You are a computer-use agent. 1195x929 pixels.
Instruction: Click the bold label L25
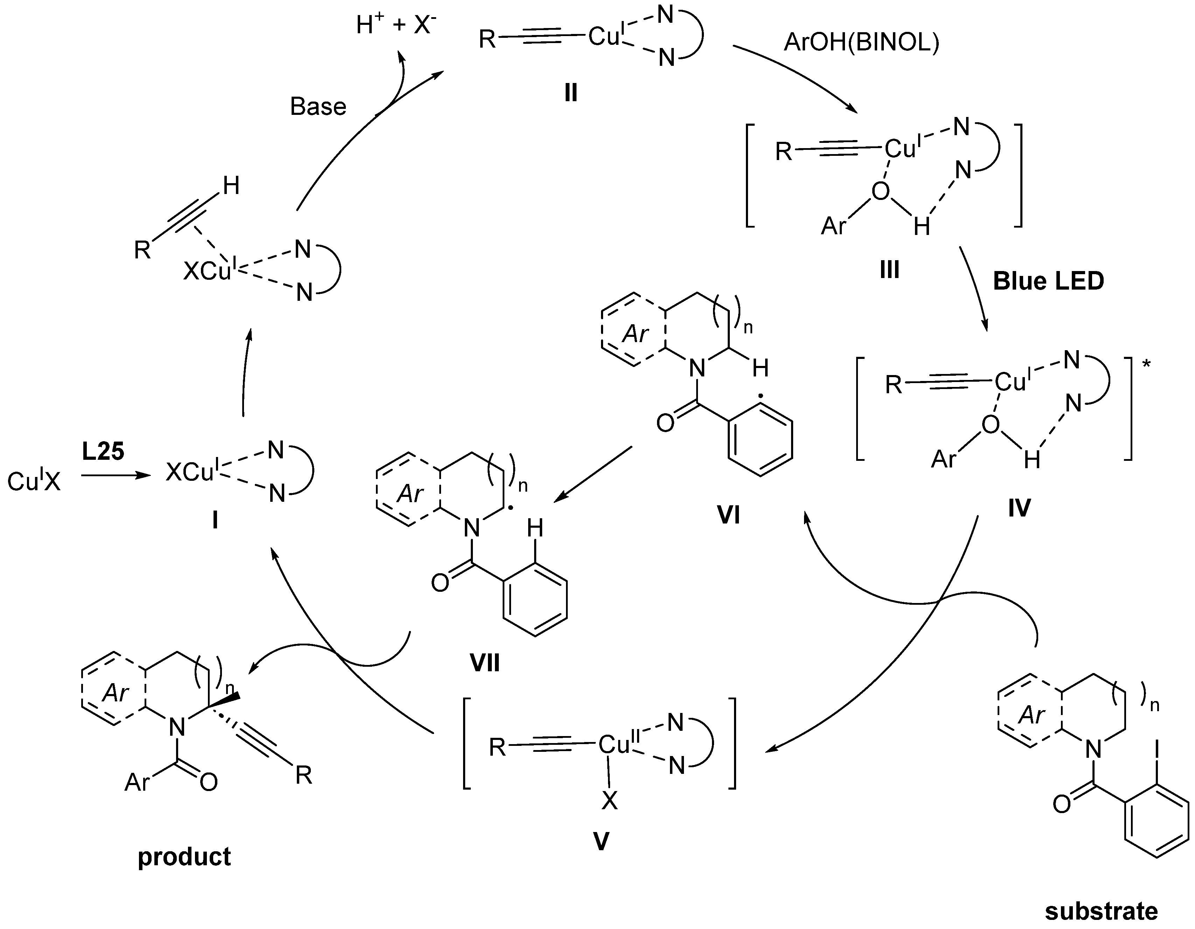(103, 452)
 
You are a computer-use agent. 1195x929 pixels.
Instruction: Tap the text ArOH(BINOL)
(861, 42)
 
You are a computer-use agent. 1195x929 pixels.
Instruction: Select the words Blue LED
(1048, 282)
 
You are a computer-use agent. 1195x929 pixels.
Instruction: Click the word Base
(318, 107)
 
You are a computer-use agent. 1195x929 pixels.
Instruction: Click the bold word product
(184, 856)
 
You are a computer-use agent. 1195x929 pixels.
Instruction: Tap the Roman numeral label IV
(1019, 508)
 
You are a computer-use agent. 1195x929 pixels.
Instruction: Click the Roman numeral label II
(571, 93)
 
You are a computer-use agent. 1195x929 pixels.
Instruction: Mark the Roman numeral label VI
(728, 515)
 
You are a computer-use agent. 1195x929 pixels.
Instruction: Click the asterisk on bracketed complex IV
(1146, 364)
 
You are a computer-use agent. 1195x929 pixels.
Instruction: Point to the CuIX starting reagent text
(34, 482)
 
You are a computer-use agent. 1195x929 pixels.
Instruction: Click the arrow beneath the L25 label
(116, 476)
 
